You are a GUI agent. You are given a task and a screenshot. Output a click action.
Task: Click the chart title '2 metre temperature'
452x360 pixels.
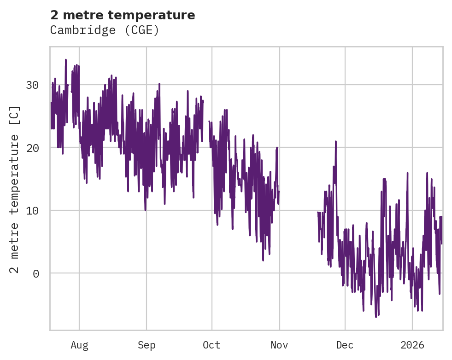123,15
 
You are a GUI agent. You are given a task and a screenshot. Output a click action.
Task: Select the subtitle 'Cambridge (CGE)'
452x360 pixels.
105,30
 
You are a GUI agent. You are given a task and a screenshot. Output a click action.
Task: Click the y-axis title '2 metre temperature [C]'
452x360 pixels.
15,189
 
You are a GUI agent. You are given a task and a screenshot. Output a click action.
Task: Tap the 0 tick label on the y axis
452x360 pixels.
35,273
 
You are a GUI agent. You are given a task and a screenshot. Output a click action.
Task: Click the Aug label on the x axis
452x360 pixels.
79,345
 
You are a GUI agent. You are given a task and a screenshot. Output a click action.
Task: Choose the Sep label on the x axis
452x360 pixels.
147,345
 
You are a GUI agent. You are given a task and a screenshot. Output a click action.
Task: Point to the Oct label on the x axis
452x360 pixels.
212,345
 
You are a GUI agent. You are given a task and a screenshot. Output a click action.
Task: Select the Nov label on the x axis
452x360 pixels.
280,345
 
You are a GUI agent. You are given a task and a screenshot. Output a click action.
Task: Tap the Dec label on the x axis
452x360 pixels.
345,345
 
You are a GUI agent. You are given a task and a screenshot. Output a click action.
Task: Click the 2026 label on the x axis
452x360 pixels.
412,345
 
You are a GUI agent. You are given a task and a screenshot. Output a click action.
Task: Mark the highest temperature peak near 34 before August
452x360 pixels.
66,60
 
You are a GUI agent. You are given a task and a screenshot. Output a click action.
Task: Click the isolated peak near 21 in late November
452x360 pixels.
336,142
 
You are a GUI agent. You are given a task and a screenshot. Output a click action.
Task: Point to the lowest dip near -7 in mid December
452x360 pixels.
376,317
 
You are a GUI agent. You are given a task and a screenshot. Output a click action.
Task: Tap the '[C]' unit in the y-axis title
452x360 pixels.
15,116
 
